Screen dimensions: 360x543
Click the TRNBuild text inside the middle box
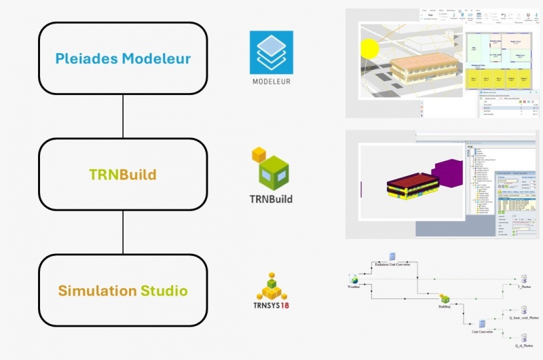coord(123,175)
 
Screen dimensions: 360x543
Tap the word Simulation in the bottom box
coord(97,291)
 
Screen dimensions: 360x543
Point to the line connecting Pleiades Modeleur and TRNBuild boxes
coord(123,116)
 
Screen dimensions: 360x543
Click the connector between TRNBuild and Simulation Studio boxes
coord(123,232)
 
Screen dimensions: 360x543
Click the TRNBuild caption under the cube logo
coord(271,200)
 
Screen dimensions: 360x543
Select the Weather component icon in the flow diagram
coord(354,278)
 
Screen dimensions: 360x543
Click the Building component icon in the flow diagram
coord(444,298)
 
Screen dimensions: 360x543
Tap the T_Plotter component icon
coord(524,279)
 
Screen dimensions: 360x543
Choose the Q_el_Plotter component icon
coord(524,337)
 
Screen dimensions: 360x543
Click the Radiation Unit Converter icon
coord(392,256)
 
